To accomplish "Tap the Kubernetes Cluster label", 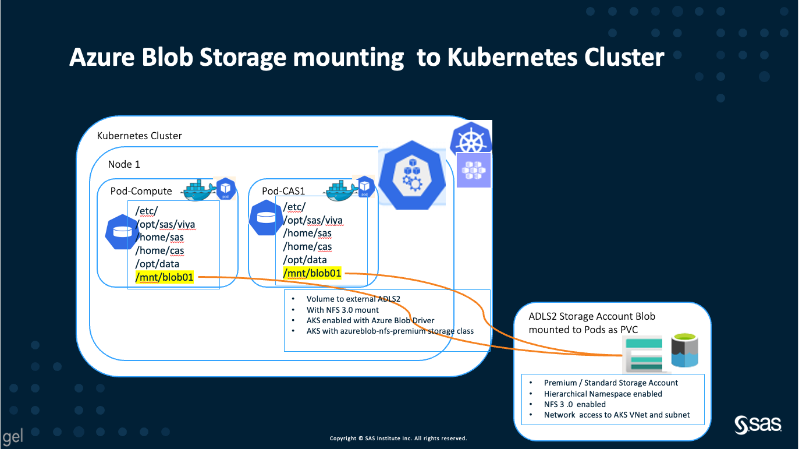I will click(139, 136).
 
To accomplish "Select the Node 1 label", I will click(124, 164).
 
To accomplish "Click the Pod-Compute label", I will click(141, 191).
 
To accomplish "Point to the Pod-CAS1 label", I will click(283, 191).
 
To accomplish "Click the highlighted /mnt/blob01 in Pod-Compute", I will click(165, 277).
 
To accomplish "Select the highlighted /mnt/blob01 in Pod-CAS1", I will click(312, 273).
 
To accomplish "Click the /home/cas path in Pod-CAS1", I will click(307, 246).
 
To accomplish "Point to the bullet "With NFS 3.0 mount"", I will click(343, 310).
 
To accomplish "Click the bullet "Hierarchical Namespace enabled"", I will click(603, 394).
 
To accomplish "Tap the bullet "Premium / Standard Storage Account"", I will click(611, 383).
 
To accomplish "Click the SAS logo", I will click(758, 425).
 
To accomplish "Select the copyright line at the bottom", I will click(398, 439).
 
